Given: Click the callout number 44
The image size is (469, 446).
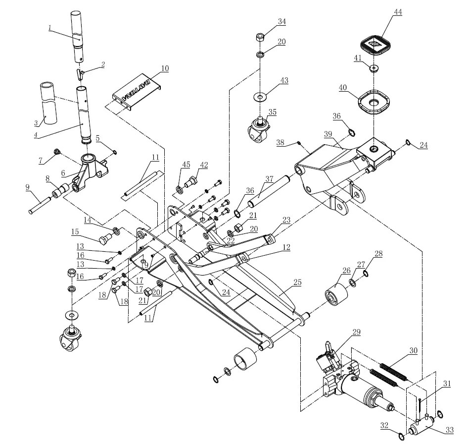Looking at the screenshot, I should [398, 12].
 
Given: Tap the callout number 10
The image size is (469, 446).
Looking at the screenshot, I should [165, 68].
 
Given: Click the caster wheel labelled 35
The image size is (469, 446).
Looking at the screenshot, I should [259, 128].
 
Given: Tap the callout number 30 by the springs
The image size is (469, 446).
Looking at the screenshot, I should [413, 350].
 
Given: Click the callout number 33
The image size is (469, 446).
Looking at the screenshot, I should [449, 430].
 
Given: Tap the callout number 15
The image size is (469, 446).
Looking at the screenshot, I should [75, 231].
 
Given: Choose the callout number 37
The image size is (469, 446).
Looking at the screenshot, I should [269, 178].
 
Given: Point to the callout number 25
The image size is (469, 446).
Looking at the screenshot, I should [297, 282].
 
